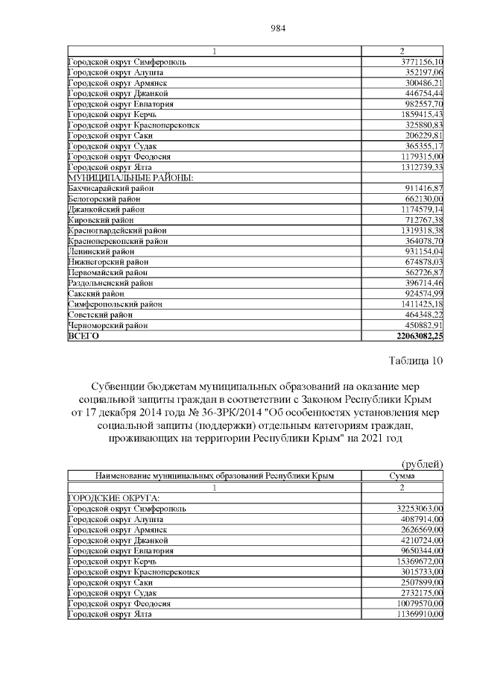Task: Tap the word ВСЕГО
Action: (83, 336)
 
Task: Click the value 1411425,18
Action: (421, 304)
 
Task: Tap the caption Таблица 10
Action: (416, 362)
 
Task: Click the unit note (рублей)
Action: (423, 464)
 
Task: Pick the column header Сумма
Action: (402, 476)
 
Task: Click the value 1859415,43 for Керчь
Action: (421, 115)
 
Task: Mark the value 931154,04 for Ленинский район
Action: (423, 252)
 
